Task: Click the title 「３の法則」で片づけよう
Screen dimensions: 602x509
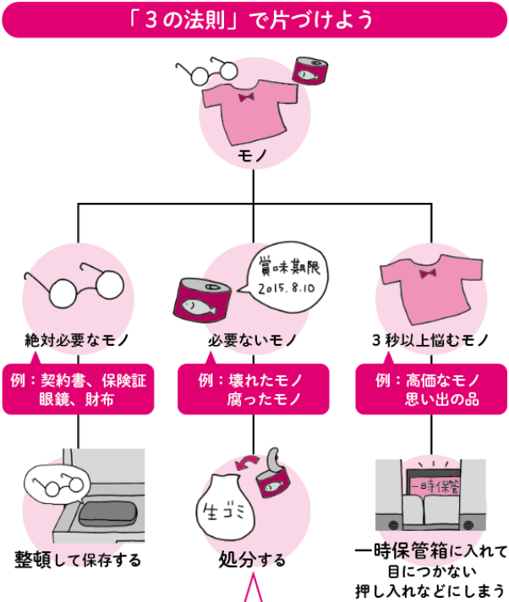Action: (254, 19)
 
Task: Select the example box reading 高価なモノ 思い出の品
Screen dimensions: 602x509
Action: (430, 389)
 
